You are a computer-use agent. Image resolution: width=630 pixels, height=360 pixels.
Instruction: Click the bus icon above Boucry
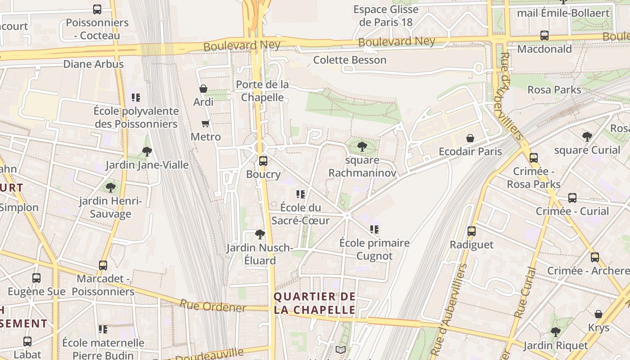[x=263, y=161]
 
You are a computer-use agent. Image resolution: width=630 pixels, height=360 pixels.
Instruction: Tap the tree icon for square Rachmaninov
[x=362, y=147]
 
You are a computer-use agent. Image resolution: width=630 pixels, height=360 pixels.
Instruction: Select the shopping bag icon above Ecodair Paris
[x=470, y=138]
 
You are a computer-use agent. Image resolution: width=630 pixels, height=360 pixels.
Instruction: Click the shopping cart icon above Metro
[x=206, y=123]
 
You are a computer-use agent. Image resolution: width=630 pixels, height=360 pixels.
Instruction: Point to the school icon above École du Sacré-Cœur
[x=300, y=194]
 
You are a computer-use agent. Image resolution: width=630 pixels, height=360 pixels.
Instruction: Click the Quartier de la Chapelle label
[x=315, y=303]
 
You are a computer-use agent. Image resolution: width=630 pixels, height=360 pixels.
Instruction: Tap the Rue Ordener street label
[x=213, y=306]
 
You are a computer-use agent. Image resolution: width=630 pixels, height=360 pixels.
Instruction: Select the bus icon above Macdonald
[x=544, y=36]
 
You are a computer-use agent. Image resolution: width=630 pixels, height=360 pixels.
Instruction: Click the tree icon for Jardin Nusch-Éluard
[x=260, y=234]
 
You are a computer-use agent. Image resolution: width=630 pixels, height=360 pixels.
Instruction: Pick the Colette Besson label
[x=350, y=60]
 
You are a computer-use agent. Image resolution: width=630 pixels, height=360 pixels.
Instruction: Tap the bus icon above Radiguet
[x=472, y=231]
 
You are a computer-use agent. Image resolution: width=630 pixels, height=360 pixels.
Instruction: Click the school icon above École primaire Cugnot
[x=374, y=229]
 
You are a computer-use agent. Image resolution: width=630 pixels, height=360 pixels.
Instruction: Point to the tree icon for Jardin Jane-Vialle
[x=147, y=152]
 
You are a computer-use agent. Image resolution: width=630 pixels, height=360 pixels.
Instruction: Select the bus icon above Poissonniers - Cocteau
[x=97, y=9]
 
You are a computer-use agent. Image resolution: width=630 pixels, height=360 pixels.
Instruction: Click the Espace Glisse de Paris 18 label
[x=386, y=16]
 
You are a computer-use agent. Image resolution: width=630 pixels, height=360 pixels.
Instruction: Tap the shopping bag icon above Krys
[x=598, y=314]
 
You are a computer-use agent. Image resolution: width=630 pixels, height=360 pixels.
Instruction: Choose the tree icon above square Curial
[x=587, y=136]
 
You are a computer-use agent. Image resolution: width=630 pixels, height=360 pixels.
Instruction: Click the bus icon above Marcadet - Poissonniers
[x=103, y=265]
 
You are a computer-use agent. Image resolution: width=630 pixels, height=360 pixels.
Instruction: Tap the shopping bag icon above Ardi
[x=203, y=89]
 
